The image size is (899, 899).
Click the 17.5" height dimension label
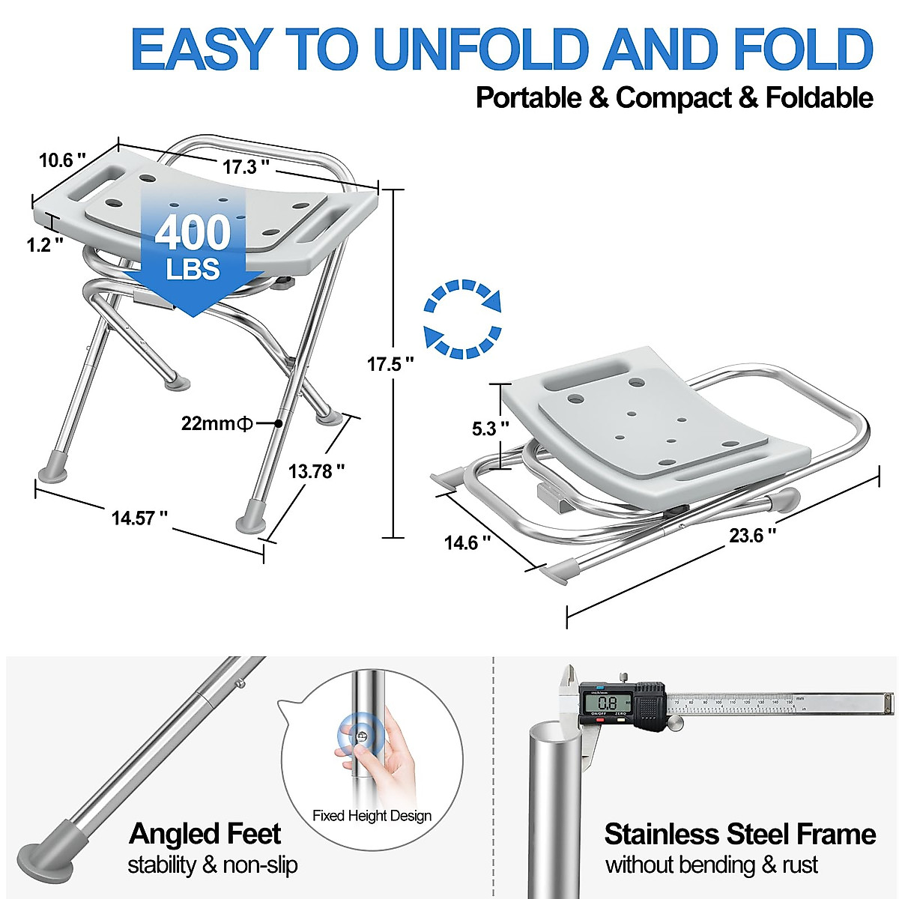click(x=390, y=365)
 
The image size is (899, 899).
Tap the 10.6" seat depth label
click(x=62, y=160)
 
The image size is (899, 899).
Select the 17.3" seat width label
click(x=245, y=166)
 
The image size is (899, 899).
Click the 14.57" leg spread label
click(x=139, y=518)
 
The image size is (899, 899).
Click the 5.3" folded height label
click(x=490, y=429)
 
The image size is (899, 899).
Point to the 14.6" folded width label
click(x=467, y=542)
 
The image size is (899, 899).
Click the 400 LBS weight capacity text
click(x=193, y=247)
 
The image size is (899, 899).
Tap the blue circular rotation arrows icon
click(x=462, y=318)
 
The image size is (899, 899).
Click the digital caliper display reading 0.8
click(x=608, y=703)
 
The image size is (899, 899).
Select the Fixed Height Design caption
click(x=372, y=816)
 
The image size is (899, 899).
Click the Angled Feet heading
click(x=205, y=834)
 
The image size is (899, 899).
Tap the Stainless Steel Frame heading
click(x=739, y=834)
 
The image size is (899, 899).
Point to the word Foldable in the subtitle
click(x=819, y=98)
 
